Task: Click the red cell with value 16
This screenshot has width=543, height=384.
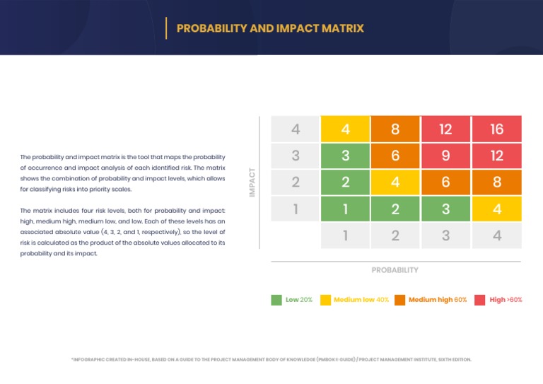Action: [x=497, y=129]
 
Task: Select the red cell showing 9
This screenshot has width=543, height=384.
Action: [x=446, y=156]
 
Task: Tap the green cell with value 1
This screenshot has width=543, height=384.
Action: [x=345, y=209]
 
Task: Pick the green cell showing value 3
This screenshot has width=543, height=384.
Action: [x=345, y=156]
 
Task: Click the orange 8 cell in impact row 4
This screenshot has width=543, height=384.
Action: [x=395, y=129]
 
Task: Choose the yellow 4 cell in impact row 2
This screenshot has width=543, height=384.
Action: [x=395, y=182]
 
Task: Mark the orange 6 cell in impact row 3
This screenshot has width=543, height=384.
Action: [x=395, y=156]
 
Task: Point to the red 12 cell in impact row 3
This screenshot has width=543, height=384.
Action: [x=497, y=156]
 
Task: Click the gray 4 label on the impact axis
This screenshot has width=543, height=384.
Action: [x=295, y=129]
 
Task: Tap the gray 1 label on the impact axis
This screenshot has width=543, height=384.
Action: [x=295, y=209]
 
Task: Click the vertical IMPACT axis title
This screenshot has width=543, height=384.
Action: [x=252, y=182]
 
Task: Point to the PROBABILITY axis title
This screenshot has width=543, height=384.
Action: [x=395, y=270]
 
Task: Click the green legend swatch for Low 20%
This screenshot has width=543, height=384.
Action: [x=276, y=300]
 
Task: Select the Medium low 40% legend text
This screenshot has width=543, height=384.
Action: [x=361, y=300]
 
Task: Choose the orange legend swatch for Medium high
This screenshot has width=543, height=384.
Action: [x=400, y=300]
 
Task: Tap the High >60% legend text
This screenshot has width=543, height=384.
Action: [x=506, y=300]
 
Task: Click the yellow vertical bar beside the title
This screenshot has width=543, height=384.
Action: [x=166, y=28]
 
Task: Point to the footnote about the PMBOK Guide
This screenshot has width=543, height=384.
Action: [x=271, y=359]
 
